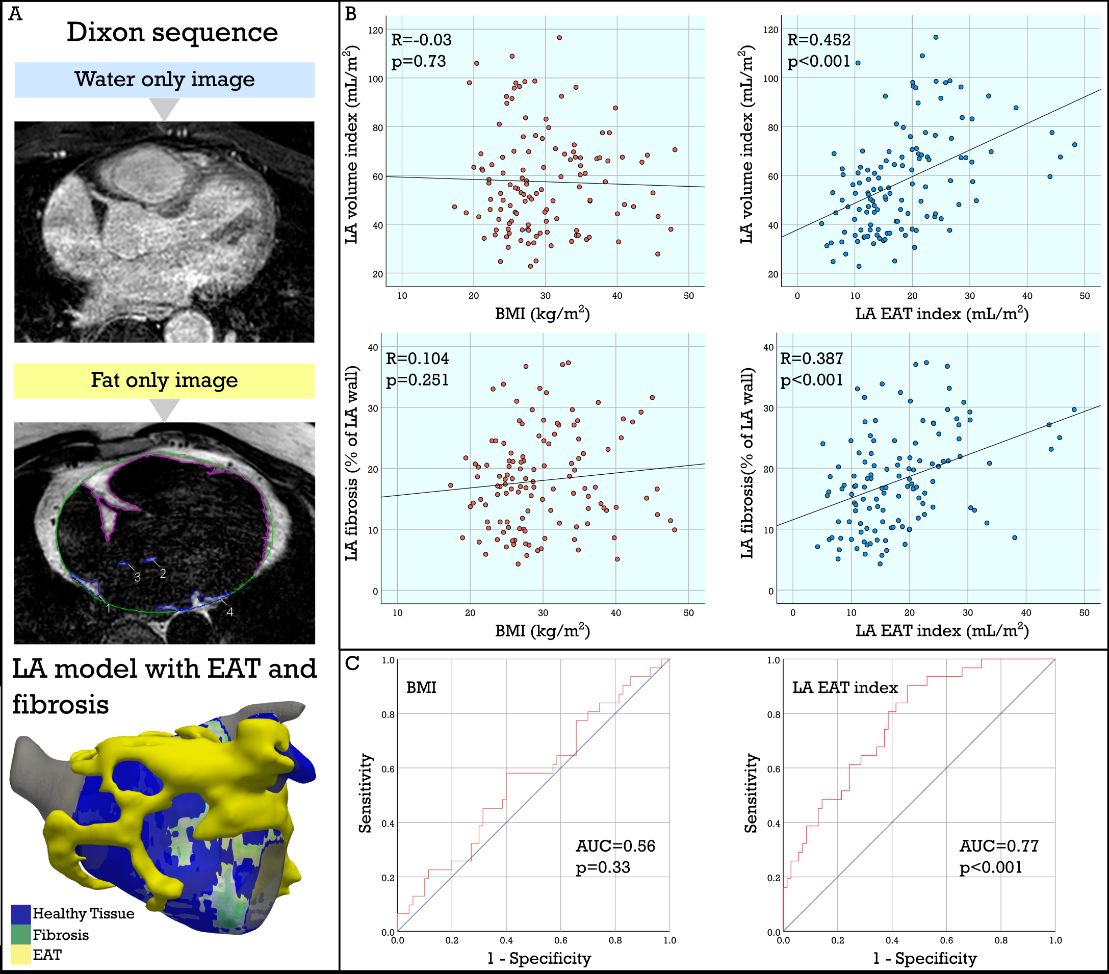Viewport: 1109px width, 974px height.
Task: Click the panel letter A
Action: [x=15, y=14]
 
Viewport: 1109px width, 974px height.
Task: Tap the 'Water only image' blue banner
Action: [x=164, y=80]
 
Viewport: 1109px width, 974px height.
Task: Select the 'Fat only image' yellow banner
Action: [x=164, y=380]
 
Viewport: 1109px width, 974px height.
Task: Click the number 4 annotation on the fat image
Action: [x=230, y=612]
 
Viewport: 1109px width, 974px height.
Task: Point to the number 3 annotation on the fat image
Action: [x=137, y=577]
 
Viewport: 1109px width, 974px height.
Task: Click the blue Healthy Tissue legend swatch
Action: [x=20, y=914]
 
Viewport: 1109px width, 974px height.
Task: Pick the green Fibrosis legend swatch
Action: [x=20, y=935]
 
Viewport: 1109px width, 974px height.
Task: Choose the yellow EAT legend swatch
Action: [x=20, y=955]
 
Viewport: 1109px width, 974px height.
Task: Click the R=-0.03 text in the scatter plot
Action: [x=421, y=40]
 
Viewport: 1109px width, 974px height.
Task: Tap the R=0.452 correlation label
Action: [x=819, y=40]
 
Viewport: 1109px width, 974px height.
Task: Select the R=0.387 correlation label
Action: [x=812, y=358]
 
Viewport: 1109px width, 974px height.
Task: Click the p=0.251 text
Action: [x=417, y=380]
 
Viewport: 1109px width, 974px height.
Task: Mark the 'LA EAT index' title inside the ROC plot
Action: [x=845, y=688]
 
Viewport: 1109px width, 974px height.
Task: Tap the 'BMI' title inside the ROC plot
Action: [x=421, y=688]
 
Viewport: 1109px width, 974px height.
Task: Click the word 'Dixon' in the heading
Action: [x=105, y=33]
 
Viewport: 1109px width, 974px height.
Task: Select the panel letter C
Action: [x=352, y=663]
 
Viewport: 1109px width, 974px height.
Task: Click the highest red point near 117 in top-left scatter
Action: [x=559, y=38]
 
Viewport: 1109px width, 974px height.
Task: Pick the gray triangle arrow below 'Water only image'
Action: [x=164, y=109]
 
